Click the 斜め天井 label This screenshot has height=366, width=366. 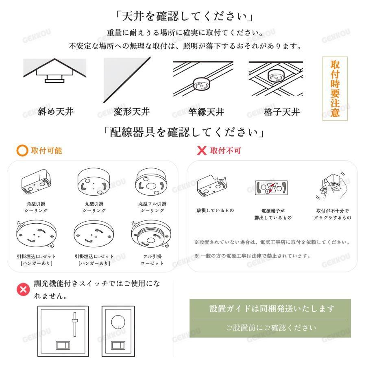(56, 112)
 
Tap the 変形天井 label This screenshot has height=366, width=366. (132, 112)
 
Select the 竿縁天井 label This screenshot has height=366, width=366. (206, 112)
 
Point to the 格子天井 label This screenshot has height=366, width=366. (282, 112)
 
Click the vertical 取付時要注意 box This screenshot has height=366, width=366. (335, 89)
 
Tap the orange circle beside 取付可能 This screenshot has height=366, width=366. (22, 150)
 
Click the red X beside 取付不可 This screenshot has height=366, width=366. (202, 150)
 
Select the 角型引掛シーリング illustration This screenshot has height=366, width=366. (36, 182)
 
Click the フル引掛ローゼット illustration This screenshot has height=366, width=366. (151, 234)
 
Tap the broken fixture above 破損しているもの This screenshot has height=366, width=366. (211, 186)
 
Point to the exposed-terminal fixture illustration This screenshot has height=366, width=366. (271, 187)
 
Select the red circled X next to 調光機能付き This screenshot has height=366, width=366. (23, 290)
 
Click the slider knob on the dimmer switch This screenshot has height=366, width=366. (75, 320)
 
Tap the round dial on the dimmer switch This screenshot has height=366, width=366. (118, 322)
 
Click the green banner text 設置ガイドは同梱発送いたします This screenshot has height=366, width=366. (272, 309)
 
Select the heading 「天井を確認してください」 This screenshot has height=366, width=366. (184, 16)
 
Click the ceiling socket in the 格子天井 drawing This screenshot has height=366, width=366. (277, 75)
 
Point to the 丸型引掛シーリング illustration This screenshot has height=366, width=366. (94, 182)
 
